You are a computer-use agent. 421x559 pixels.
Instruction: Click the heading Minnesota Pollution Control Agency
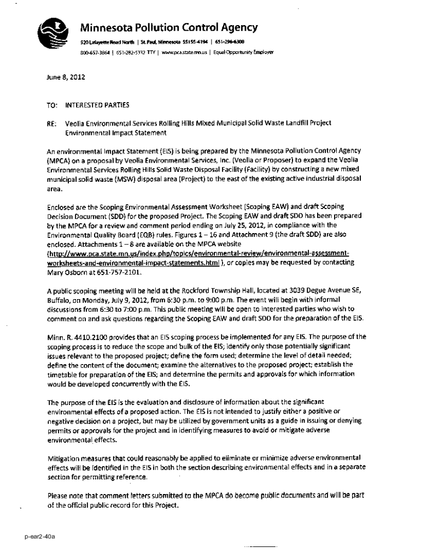click(x=169, y=27)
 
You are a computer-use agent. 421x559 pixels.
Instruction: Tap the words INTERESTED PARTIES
click(x=97, y=104)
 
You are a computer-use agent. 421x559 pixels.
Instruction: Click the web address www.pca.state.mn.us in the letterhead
click(x=186, y=52)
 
